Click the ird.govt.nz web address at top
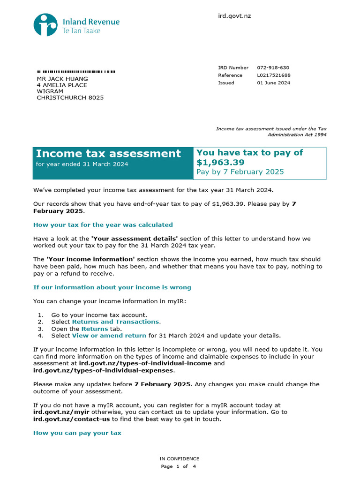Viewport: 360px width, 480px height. coord(234,16)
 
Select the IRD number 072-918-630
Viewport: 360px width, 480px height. coord(273,68)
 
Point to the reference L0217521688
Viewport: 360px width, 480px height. coord(274,75)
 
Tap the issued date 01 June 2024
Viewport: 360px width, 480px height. coord(273,83)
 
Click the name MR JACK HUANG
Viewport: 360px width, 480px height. coord(62,79)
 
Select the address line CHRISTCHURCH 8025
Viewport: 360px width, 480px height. coord(70,98)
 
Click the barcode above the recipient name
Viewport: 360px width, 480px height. coord(76,72)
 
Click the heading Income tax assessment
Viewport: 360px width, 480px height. coord(108,154)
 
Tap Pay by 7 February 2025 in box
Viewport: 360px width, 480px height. coord(240,172)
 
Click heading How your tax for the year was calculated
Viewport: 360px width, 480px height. coord(103,225)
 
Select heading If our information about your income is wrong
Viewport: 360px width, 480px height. coord(112,287)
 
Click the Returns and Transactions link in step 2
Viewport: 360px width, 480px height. coord(115,322)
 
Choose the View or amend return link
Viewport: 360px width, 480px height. coord(109,336)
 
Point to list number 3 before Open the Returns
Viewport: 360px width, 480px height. coord(40,329)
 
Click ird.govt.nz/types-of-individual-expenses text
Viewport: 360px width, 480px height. coord(103,370)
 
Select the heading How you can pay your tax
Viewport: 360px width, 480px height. coord(77,433)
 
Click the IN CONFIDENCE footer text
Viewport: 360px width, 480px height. coord(180,459)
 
